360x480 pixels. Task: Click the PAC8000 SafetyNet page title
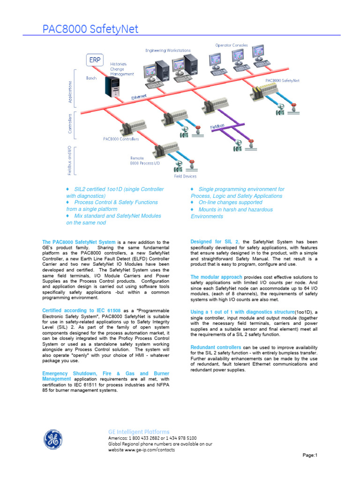(90, 29)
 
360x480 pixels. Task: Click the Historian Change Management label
(122, 69)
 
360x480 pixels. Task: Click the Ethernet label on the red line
(138, 97)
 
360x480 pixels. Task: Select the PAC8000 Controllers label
(121, 139)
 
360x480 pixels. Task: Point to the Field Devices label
(185, 176)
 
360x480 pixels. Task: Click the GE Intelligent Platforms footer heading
(139, 432)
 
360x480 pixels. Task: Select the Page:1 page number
(310, 455)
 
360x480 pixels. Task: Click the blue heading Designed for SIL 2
(215, 241)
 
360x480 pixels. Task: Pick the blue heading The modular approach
(217, 277)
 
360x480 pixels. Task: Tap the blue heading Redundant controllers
(216, 347)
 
